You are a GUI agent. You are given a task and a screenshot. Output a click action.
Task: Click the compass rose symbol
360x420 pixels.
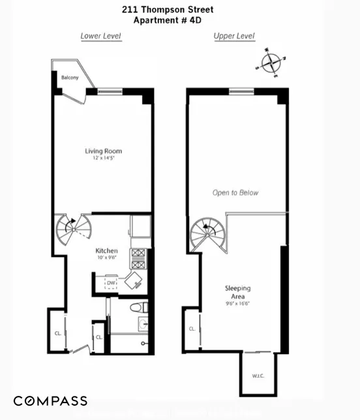[x=270, y=63]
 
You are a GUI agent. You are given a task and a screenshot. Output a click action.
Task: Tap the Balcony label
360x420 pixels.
[x=70, y=78]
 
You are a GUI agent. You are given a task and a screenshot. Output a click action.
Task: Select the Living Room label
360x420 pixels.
[x=103, y=151]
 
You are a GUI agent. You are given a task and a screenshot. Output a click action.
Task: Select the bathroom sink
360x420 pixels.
[x=142, y=323]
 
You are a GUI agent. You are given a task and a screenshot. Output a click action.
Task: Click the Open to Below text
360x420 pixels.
[x=235, y=192]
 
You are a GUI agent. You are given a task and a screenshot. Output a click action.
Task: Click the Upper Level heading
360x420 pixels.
[x=234, y=36]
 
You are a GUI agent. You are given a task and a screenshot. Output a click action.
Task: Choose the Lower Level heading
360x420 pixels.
[x=100, y=36]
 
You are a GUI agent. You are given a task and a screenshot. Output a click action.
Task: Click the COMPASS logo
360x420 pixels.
[x=50, y=400]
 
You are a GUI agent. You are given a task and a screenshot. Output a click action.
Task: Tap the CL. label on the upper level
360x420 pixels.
[x=192, y=329]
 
